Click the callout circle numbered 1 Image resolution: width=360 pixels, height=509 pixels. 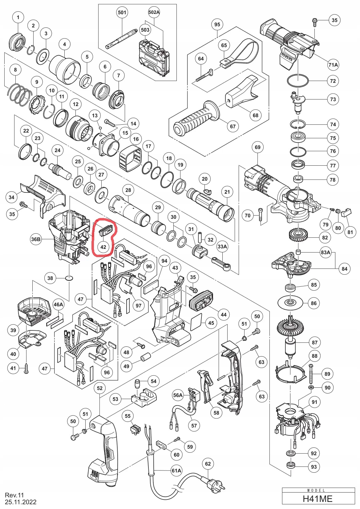(18, 17)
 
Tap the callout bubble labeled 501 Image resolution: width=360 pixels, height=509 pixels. (122, 12)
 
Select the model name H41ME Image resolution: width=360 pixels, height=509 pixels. (318, 499)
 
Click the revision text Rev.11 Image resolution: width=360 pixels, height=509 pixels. (14, 495)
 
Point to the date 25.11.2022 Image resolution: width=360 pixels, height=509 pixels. (21, 502)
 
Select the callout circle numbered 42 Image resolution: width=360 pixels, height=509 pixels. (103, 247)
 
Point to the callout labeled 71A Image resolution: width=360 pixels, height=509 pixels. (333, 65)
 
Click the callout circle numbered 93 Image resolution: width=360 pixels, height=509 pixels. (314, 467)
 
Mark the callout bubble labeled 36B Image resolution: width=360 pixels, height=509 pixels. (36, 239)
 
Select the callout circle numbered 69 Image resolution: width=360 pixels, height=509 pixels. (257, 147)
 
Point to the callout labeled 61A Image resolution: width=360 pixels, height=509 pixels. (176, 471)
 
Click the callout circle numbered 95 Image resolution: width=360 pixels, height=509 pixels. (217, 24)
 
